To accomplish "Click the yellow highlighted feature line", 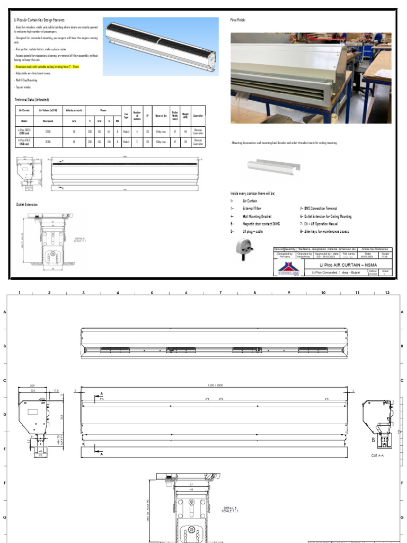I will coord(47,67).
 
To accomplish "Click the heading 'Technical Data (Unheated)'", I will coord(32,100).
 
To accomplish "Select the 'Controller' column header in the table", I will coord(198,111).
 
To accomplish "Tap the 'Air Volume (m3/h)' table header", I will coord(48,111).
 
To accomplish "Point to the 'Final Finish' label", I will coord(238,20).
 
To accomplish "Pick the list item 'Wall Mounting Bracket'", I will coord(257,216).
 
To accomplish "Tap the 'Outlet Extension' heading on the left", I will coord(27,204).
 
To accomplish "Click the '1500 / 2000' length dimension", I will coord(215,384).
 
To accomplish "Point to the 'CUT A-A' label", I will coord(378,455).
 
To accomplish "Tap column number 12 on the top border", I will coord(387,293).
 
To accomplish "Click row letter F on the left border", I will coord(5,483).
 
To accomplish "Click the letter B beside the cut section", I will coord(373,440).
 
